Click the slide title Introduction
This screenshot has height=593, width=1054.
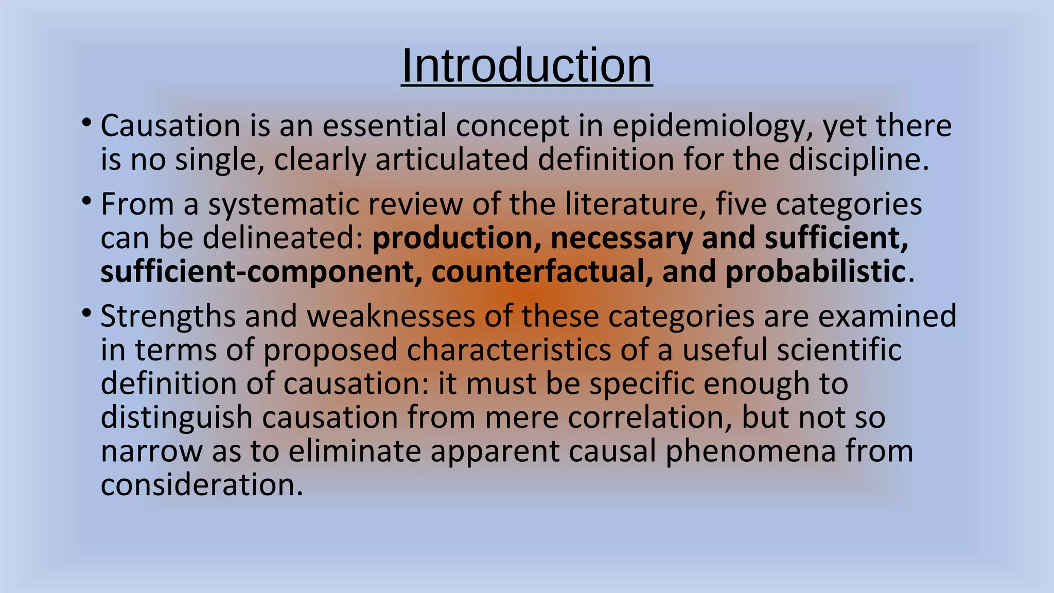[526, 66]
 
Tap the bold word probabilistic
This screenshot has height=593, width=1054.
[815, 272]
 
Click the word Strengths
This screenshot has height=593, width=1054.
[168, 317]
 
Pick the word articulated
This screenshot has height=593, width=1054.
[452, 159]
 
